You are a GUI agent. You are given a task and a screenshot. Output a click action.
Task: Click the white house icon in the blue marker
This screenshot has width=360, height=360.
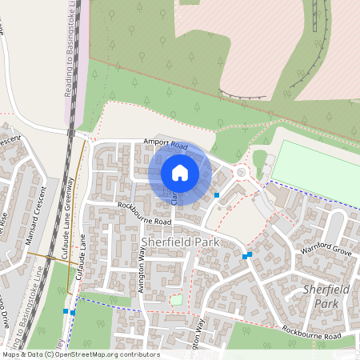[180, 172]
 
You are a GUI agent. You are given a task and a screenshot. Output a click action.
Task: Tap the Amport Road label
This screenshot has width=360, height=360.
[165, 146]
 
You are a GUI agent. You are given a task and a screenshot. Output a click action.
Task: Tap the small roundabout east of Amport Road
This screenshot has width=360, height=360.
[241, 171]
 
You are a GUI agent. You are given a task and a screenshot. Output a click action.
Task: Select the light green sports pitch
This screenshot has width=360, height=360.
[317, 173]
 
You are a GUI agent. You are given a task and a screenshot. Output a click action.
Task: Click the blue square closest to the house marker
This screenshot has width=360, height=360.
[217, 195]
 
